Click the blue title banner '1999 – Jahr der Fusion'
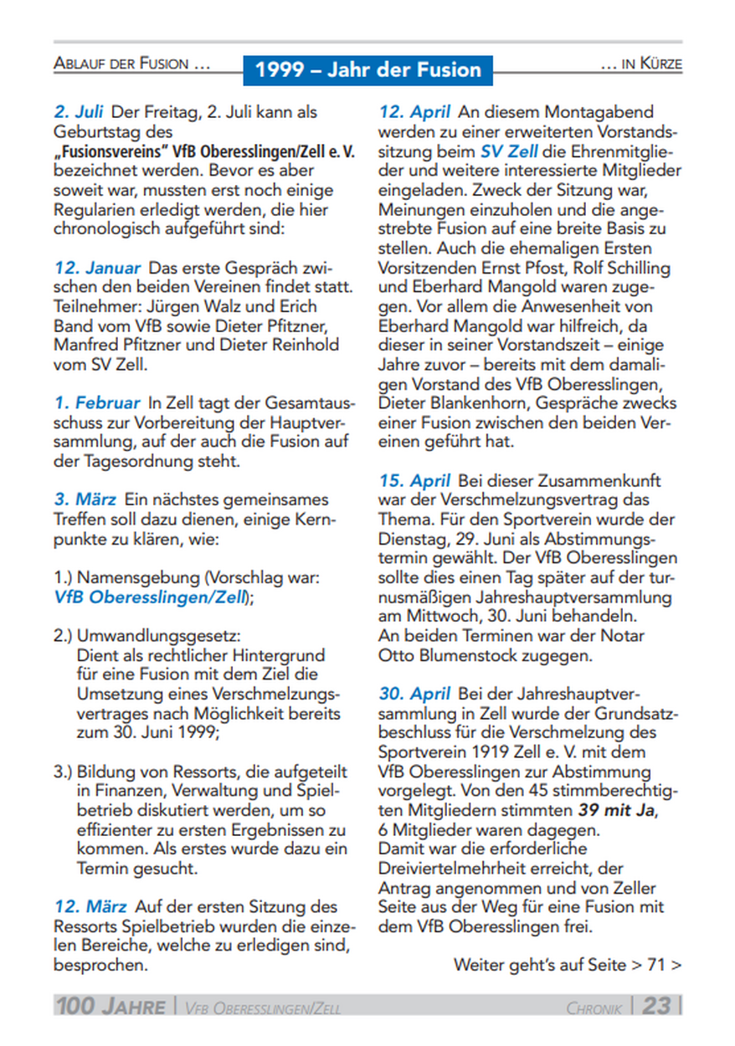tap(368, 69)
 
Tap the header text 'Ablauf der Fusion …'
tap(131, 64)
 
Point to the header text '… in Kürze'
tap(641, 64)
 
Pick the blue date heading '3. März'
tap(85, 500)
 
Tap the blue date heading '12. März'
tap(90, 906)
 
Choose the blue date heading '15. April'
tap(414, 481)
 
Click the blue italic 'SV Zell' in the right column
tap(509, 151)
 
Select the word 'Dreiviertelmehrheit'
tap(450, 868)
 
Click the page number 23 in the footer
tap(657, 1005)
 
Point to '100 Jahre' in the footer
tap(111, 1006)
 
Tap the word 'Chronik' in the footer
tap(594, 1008)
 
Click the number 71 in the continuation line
tap(655, 965)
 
